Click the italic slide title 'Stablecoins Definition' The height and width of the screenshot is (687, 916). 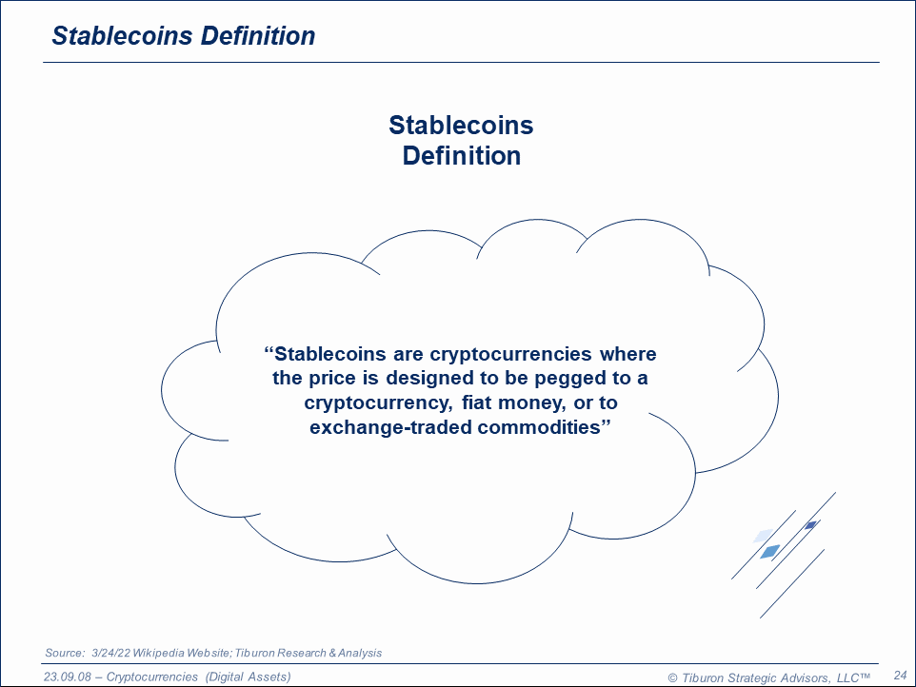point(184,35)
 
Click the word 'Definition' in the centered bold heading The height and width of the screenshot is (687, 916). point(462,156)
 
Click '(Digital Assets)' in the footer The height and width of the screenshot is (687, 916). point(248,677)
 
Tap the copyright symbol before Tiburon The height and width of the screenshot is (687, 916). point(672,678)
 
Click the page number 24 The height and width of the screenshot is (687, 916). point(900,676)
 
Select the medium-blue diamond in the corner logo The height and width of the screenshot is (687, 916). point(770,551)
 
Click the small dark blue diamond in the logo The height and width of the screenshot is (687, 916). point(810,525)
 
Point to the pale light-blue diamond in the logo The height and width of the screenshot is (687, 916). point(763,536)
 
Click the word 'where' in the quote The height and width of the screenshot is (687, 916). point(628,354)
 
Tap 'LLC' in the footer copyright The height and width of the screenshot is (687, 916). point(847,678)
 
